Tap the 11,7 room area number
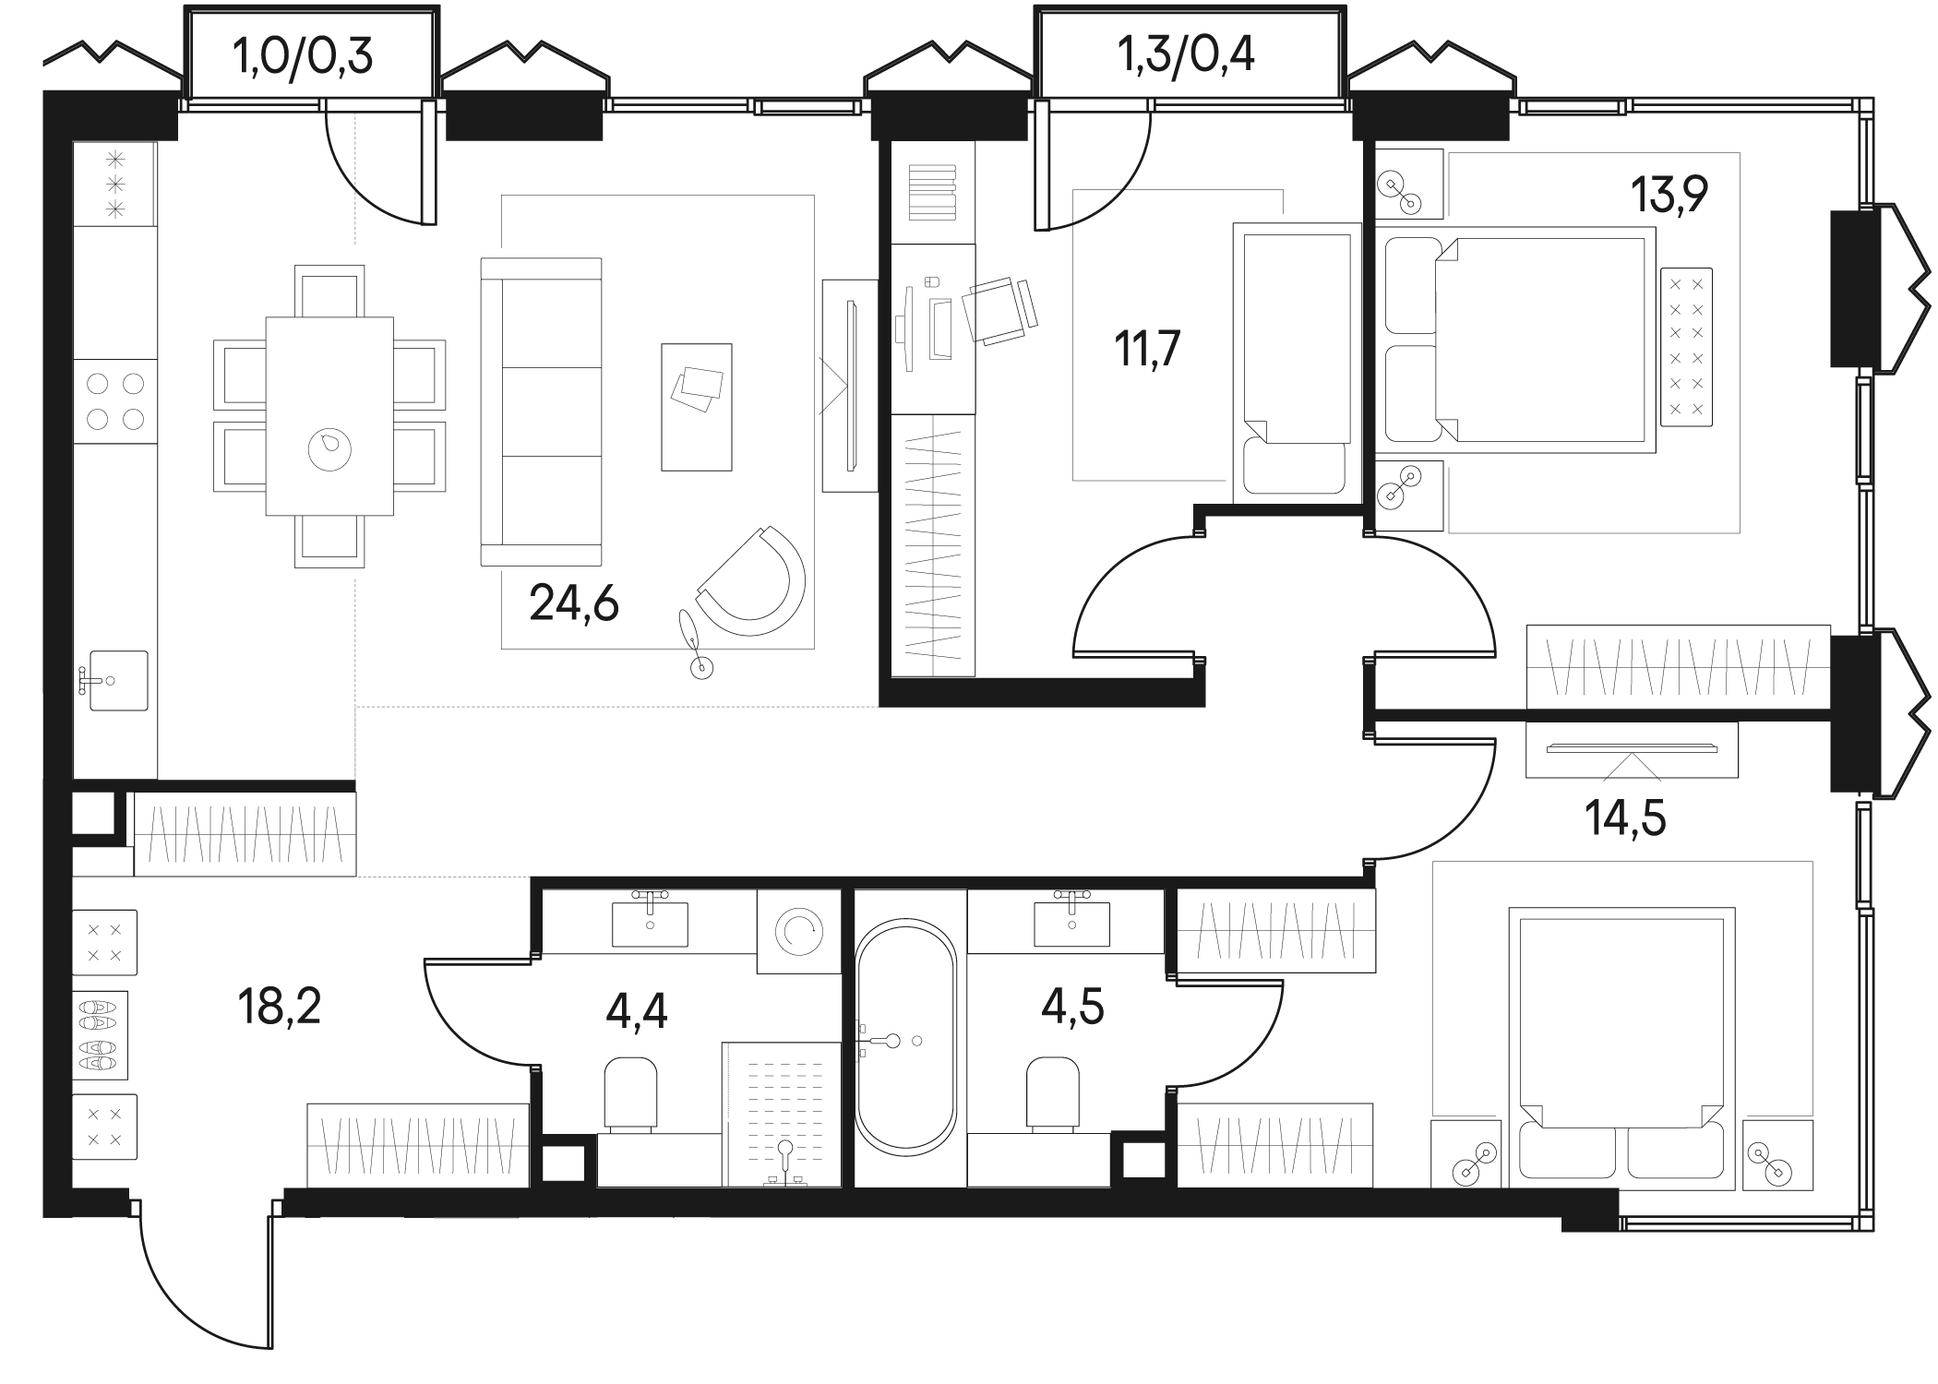[1148, 350]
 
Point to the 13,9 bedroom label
[1669, 195]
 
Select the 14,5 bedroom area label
[1625, 817]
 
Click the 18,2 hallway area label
[279, 1007]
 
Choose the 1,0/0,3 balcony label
[304, 57]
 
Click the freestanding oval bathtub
[905, 1036]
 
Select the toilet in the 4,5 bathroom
[1053, 1094]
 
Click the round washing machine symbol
[798, 932]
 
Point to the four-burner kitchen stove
[115, 402]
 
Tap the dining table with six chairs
[329, 416]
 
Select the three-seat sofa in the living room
[542, 412]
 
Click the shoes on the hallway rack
[100, 1035]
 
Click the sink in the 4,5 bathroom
[1071, 923]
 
